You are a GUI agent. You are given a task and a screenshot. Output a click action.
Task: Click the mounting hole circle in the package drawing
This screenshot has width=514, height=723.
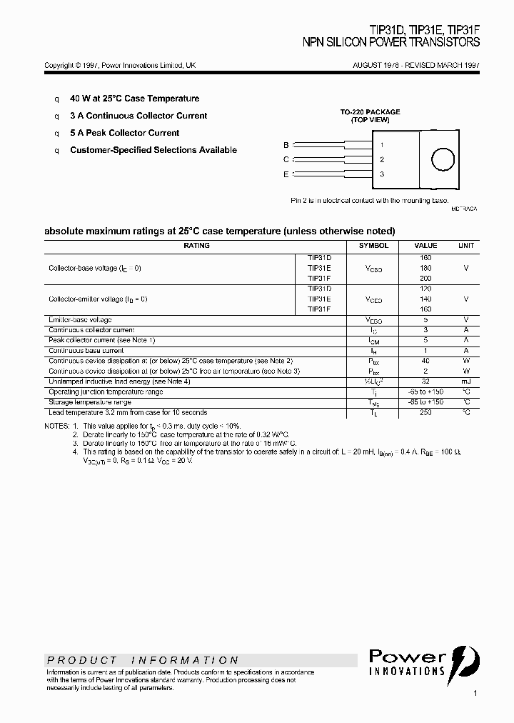pos(443,159)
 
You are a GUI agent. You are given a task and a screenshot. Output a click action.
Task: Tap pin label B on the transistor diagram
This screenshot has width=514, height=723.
pos(286,145)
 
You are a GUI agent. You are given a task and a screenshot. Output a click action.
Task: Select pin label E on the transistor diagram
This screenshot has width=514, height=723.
pos(286,174)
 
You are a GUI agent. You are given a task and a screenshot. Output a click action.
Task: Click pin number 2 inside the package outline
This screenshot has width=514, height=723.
pos(382,160)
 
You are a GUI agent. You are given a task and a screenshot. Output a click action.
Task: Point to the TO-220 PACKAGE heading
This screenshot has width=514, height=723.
pos(370,112)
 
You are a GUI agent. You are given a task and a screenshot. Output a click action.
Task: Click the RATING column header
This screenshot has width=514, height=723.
pos(196,246)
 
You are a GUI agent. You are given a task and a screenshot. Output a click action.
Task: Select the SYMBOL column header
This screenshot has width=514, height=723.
pos(373,246)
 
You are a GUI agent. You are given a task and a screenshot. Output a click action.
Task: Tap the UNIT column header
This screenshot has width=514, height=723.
pos(465,246)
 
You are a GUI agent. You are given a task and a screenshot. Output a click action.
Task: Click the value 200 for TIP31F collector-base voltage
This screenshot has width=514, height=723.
pos(425,278)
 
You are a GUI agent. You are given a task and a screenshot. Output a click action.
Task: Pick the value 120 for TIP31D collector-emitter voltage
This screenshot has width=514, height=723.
pos(425,289)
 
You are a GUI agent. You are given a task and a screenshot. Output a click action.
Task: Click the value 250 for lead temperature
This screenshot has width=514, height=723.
pos(425,412)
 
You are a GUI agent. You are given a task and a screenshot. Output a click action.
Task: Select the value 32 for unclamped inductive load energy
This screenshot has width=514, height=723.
pos(425,382)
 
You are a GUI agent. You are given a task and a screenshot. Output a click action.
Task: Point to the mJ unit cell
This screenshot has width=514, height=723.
pos(465,382)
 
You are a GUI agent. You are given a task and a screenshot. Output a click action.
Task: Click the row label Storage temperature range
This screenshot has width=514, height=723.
pos(90,402)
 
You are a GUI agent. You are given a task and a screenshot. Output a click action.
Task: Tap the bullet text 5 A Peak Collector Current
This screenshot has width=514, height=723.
pos(124,133)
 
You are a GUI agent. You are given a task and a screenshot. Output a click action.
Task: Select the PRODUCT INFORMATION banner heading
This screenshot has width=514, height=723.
pos(143,660)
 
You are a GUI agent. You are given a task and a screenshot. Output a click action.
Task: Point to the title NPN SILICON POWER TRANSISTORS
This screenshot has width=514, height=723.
pos(391,43)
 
